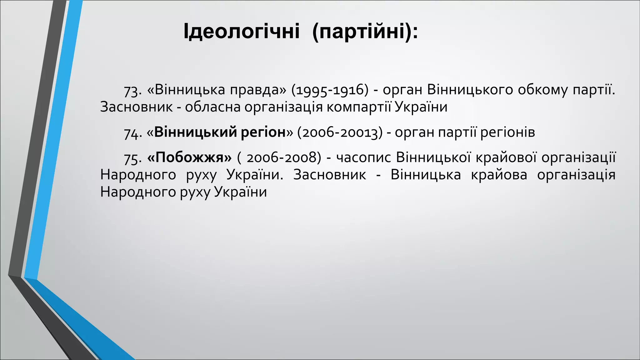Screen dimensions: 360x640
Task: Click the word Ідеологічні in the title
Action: coord(241,32)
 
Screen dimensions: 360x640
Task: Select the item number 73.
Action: coord(133,91)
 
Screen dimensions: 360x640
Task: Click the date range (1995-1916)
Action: coord(330,90)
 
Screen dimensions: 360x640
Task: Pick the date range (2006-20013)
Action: coord(340,132)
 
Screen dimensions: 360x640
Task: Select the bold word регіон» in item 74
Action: coord(267,132)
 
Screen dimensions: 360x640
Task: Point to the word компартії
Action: coord(359,107)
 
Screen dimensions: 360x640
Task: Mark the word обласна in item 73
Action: coord(212,107)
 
